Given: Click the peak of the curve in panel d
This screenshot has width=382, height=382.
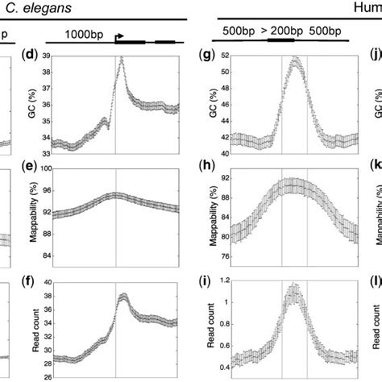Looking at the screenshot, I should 121,59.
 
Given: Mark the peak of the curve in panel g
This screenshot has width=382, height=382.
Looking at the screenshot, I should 294,59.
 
